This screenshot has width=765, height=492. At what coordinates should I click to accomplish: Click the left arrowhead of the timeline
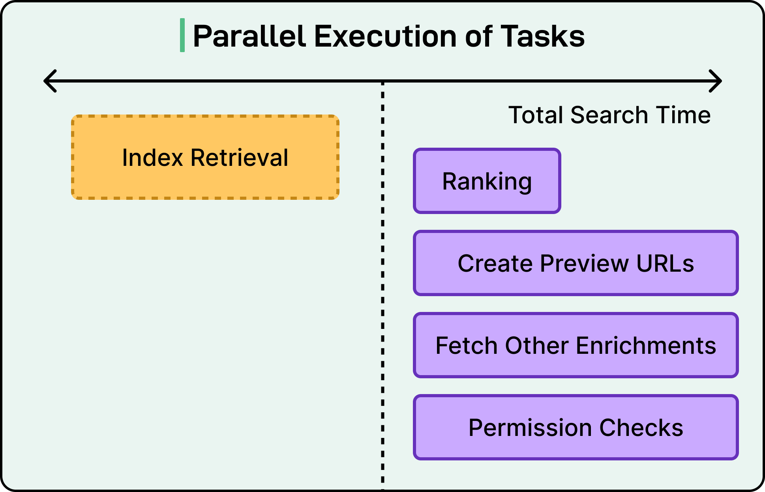point(49,81)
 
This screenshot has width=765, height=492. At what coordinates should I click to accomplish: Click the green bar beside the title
point(182,35)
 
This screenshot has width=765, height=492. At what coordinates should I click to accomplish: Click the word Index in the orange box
point(152,158)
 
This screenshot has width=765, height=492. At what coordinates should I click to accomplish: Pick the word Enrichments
point(646,346)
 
